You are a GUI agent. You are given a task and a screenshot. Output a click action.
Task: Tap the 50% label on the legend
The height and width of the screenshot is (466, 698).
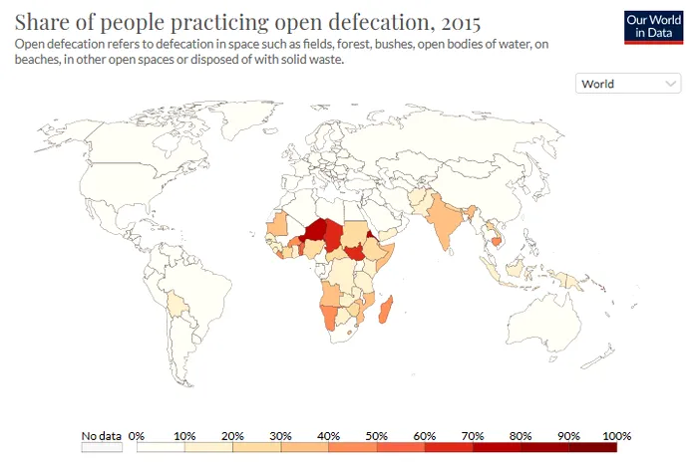point(377,436)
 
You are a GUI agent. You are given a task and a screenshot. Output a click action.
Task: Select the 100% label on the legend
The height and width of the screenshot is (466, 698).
point(617,436)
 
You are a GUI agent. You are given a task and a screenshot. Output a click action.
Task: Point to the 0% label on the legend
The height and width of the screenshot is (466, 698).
point(138,436)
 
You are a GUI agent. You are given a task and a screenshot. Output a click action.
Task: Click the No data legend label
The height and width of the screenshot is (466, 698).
point(101,436)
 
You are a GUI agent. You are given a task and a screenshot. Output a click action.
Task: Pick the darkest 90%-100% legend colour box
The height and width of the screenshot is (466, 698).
point(593,447)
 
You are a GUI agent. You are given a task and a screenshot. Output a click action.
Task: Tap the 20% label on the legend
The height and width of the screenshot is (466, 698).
point(232,436)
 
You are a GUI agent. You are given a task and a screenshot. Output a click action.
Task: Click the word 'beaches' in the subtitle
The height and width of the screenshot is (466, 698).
point(36,60)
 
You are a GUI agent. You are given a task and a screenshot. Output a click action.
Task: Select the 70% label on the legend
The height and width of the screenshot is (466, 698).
point(473,436)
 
